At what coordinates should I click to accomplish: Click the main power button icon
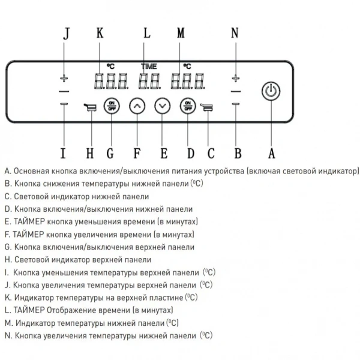[271, 91]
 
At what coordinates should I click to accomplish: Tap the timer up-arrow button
[138, 106]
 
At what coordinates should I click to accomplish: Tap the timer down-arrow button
[162, 106]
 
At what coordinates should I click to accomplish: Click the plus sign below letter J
[65, 79]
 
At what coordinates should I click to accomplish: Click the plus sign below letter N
[236, 79]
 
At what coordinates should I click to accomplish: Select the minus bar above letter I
[65, 104]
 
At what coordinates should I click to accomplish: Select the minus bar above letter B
[236, 104]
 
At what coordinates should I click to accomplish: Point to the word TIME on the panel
[149, 66]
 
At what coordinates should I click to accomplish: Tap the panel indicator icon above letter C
[207, 108]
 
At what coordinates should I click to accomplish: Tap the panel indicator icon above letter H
[91, 108]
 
